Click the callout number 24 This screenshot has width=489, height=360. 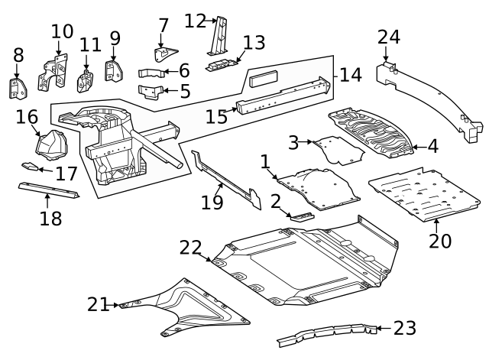(389, 37)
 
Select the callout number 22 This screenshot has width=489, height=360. (190, 248)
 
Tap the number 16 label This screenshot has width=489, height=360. (27, 117)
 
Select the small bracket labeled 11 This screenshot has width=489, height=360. (87, 79)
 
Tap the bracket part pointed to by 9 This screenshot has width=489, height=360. (114, 70)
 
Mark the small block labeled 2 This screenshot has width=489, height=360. (300, 216)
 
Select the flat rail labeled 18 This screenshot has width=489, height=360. (47, 189)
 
